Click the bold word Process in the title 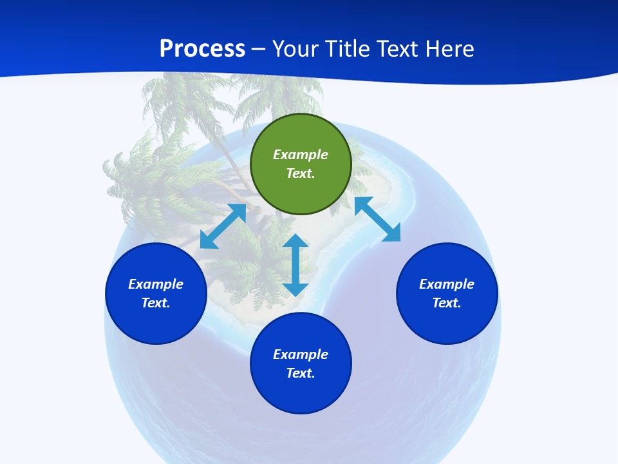[x=202, y=48]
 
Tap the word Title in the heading [x=348, y=48]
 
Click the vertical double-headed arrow [x=295, y=266]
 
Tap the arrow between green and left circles [x=223, y=226]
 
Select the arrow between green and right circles [x=377, y=219]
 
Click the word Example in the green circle [x=301, y=155]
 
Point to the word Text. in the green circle [x=301, y=173]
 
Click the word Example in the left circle [x=156, y=284]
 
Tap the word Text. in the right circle [x=447, y=303]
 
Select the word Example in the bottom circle [x=301, y=354]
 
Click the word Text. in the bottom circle [x=301, y=373]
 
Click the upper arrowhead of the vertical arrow [x=295, y=242]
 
